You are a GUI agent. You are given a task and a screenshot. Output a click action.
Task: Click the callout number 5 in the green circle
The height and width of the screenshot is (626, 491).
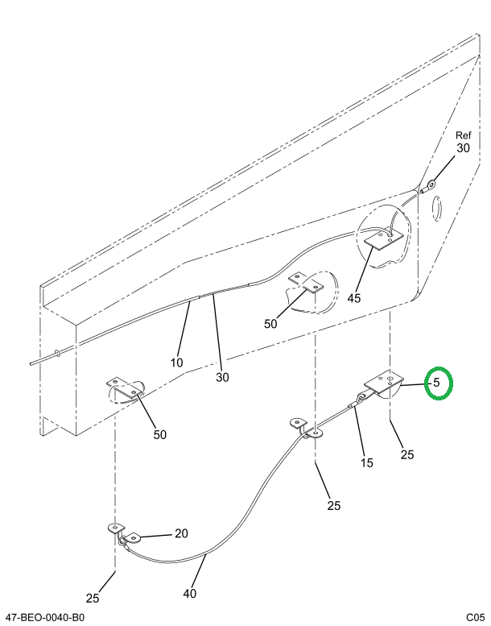[x=436, y=383]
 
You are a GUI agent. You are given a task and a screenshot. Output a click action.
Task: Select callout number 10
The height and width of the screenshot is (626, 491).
[x=177, y=363]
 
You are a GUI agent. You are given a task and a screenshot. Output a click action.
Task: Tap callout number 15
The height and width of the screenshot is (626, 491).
[x=366, y=462]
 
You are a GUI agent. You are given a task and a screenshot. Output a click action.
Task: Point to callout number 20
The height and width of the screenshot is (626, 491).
[x=181, y=533]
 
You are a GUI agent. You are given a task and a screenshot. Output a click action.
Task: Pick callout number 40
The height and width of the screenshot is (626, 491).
[x=190, y=593]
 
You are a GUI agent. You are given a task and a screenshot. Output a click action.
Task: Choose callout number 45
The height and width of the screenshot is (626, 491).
[x=354, y=298]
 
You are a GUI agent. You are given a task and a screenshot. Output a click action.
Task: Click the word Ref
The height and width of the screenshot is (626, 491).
[x=464, y=135]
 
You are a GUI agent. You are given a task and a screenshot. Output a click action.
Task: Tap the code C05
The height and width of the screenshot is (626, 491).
[x=476, y=618]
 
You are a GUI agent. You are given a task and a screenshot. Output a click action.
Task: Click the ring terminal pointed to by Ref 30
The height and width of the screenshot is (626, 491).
[x=431, y=185]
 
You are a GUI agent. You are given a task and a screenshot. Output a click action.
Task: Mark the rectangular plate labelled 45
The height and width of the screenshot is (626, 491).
[x=383, y=238]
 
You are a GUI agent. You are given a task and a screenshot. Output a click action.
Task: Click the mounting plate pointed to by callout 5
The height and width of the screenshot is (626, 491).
[x=383, y=383]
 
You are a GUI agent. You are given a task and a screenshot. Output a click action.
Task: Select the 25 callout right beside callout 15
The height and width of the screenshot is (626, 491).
[x=407, y=454]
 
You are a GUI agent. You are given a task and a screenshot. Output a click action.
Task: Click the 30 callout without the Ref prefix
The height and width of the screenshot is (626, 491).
[x=222, y=377]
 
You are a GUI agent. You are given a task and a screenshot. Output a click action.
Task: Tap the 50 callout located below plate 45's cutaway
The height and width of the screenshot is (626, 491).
[x=270, y=323]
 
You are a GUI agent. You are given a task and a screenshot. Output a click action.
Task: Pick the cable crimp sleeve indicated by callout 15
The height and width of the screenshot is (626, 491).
[x=353, y=405]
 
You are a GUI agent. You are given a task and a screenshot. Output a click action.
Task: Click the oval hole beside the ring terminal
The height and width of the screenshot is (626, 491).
[x=437, y=208]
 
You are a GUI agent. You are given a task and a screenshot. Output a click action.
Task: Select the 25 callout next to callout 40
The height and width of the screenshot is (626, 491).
[x=92, y=598]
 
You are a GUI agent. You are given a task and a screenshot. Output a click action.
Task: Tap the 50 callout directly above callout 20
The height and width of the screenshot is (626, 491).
[x=159, y=434]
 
